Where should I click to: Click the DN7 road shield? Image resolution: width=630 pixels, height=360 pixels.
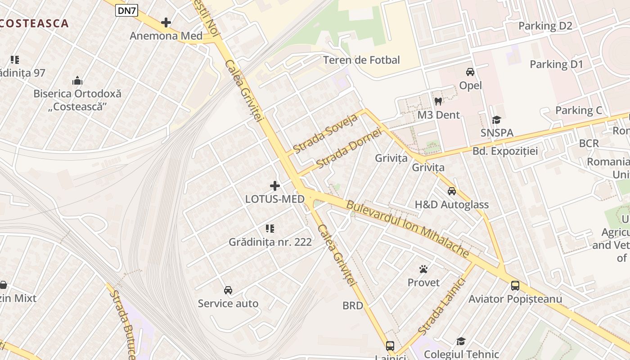point(126,11)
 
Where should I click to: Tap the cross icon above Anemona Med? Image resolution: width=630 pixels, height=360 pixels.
point(166,22)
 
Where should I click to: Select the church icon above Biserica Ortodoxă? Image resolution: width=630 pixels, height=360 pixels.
point(77,81)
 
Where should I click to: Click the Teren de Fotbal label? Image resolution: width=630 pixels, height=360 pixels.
point(361,60)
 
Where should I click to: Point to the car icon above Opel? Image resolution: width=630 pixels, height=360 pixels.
point(470,72)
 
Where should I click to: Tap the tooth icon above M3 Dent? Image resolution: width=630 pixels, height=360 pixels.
point(438,101)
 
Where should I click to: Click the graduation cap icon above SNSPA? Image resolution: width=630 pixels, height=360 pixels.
point(497,119)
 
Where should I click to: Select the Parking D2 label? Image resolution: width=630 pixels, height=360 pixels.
point(545,26)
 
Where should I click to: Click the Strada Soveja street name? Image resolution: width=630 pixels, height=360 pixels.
point(325,133)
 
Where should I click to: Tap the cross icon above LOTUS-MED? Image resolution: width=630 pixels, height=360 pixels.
point(275,185)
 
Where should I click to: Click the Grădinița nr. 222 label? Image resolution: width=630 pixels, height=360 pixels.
point(270,242)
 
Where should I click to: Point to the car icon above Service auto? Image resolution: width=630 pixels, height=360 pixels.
point(228,290)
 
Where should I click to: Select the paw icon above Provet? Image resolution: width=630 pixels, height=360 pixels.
point(423,269)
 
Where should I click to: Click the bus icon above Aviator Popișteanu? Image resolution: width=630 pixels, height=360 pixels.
point(515,285)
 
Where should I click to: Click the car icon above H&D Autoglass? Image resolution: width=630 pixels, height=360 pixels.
point(452,191)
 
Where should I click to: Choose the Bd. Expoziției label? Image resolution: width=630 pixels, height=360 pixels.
point(505,151)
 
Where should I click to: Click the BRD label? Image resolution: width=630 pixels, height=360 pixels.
point(352,306)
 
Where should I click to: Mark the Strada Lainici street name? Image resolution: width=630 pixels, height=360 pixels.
point(441,306)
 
